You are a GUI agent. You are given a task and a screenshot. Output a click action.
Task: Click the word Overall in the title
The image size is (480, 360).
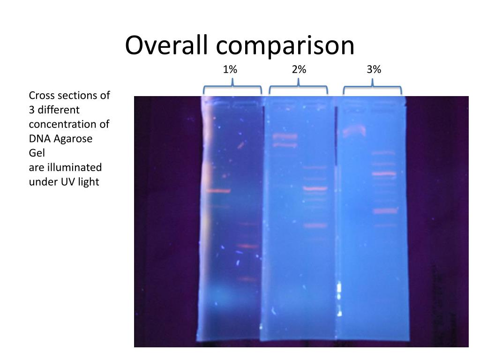167,45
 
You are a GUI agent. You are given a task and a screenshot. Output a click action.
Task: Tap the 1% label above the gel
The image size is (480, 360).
230,69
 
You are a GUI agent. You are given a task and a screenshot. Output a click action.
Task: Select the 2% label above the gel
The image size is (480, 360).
299,69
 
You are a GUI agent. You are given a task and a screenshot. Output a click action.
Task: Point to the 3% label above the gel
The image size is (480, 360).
374,69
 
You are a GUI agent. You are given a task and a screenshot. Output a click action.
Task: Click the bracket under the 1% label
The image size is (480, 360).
232,87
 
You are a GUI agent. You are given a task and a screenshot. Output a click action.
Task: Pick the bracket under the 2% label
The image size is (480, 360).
298,87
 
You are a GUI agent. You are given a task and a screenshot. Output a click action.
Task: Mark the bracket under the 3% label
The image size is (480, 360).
373,87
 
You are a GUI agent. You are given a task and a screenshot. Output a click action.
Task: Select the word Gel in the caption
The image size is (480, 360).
37,153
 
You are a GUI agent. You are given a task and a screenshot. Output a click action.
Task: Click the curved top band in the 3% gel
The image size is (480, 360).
354,130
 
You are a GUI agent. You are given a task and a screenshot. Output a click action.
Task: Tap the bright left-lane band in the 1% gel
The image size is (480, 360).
218,191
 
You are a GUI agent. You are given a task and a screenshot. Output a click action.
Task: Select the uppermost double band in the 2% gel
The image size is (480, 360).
285,136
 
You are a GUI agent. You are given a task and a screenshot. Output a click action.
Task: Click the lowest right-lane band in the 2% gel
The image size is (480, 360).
315,225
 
